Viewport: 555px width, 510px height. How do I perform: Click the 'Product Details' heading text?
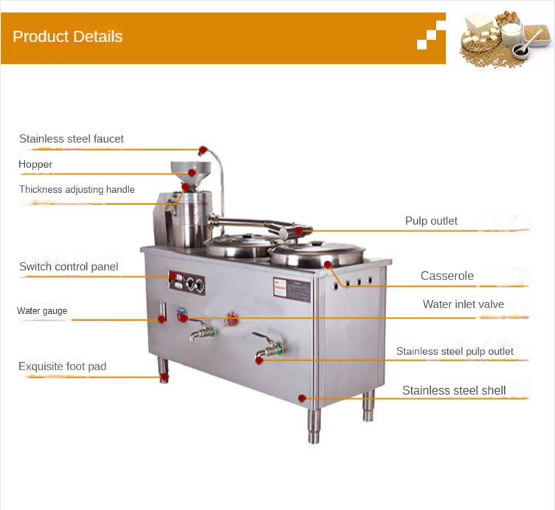coord(68,37)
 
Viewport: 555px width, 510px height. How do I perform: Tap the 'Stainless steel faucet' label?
coord(72,138)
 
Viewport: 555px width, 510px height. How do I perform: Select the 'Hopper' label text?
coord(35,164)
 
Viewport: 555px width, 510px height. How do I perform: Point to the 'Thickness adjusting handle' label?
coord(77,189)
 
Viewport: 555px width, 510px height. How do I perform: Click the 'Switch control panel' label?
coord(69,266)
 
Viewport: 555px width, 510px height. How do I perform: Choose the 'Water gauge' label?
coord(42,310)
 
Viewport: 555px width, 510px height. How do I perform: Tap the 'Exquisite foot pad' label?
coord(63,366)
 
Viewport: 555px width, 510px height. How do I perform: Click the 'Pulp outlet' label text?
coord(431,220)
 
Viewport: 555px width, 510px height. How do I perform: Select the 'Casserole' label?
coord(447,276)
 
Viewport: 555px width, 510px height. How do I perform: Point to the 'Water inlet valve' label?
coord(463,304)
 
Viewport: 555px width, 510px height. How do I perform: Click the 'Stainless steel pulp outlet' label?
coord(455,351)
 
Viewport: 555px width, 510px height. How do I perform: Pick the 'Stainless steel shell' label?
coord(454,390)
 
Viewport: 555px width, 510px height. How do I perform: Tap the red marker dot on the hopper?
coord(192,173)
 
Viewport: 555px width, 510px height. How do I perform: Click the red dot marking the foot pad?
coord(165,377)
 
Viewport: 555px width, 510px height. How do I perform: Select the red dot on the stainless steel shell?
coord(302,398)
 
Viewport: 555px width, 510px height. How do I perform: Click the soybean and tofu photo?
coord(503,37)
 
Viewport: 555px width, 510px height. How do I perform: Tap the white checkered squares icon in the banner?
coord(431,35)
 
